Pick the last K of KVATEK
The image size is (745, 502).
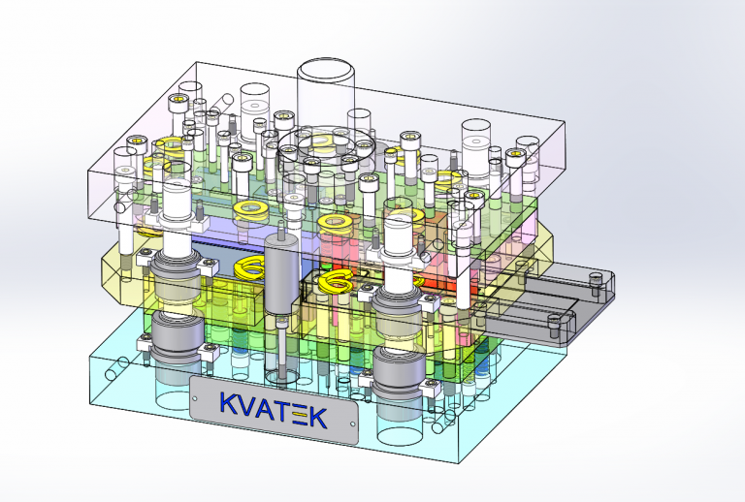pyautogui.click(x=318, y=418)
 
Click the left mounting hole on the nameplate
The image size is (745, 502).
pyautogui.click(x=194, y=398)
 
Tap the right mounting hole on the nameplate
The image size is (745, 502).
pyautogui.click(x=352, y=424)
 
